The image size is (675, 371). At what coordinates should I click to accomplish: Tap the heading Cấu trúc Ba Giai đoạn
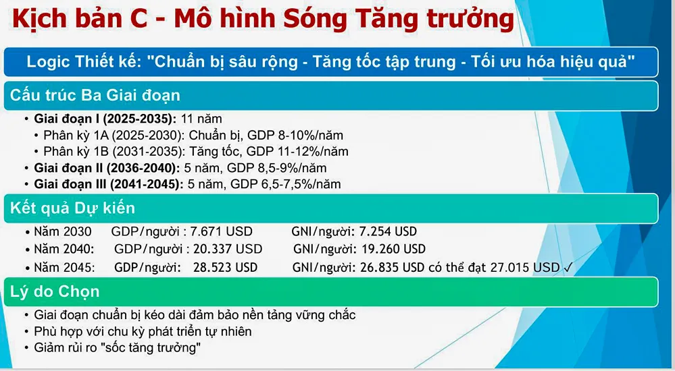click(x=95, y=95)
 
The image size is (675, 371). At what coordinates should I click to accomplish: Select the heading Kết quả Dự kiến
click(x=72, y=208)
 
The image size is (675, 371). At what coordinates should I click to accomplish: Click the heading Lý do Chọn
click(x=55, y=291)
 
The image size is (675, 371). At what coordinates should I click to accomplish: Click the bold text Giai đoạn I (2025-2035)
click(x=105, y=119)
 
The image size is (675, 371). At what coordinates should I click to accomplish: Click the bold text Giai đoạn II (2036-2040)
click(x=107, y=167)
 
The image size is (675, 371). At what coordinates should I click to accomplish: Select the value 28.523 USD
click(x=225, y=267)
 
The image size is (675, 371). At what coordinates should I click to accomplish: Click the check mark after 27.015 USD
click(x=568, y=267)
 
